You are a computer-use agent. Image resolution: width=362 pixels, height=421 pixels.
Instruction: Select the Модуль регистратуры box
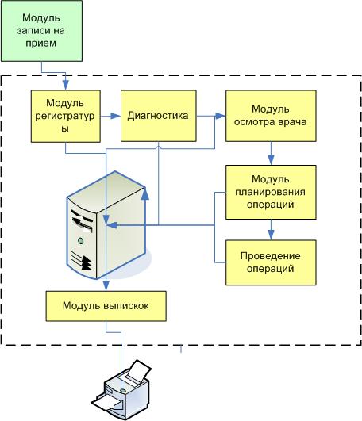[66, 115]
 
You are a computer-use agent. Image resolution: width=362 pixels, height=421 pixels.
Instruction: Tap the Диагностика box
[157, 116]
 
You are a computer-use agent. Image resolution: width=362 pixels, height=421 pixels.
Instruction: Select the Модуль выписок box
[106, 305]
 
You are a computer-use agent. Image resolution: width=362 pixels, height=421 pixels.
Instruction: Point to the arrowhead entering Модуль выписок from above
[106, 287]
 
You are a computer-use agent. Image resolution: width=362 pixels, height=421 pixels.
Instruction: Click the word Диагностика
[157, 116]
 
